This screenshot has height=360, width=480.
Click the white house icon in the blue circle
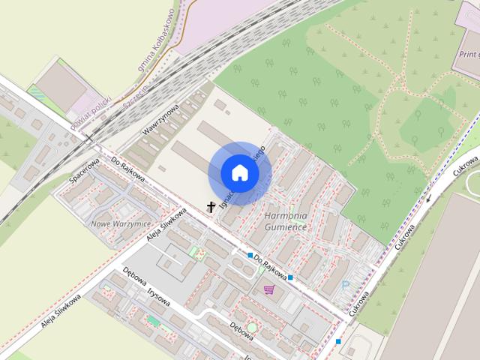point(240,173)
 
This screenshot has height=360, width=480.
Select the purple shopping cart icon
point(268,289)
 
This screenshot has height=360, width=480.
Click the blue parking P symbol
point(346,285)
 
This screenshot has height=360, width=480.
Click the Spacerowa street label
point(84,169)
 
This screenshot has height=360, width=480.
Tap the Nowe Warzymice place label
point(120,224)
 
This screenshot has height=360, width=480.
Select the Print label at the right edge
point(469,54)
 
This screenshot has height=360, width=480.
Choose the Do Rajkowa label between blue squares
point(271,265)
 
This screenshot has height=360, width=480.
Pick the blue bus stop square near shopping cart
point(290,277)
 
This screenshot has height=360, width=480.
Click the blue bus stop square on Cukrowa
point(338,342)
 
